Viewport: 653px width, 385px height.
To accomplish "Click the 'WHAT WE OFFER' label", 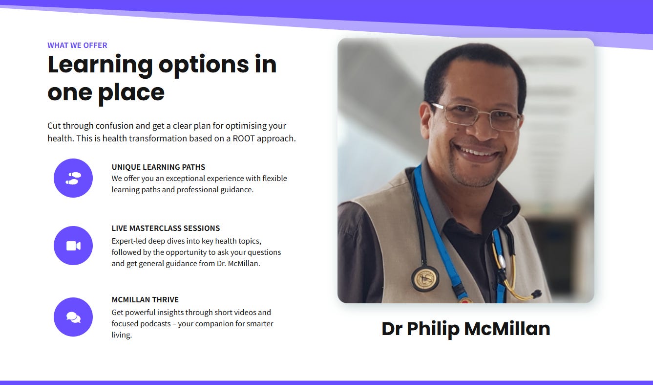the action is [77, 45].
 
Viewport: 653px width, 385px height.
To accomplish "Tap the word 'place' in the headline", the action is [131, 93].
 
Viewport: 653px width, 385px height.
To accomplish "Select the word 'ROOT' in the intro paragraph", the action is [244, 138].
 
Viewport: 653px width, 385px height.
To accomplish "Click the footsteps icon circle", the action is [73, 178].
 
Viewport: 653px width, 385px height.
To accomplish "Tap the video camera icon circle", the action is [73, 246].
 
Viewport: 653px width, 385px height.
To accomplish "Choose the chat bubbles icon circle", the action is [73, 317].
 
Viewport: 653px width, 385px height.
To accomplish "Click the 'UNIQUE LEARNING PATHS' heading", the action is [158, 167].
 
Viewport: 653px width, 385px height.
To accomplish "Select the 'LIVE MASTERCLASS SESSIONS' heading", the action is [166, 228].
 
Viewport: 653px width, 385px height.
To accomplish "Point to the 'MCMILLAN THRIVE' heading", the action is [145, 300].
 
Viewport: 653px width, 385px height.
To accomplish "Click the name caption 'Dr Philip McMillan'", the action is [466, 329].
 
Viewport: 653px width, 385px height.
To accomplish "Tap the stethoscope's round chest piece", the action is [425, 279].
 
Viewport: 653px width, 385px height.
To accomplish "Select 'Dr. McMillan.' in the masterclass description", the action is [238, 264].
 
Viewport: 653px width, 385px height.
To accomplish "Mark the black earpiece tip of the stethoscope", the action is [536, 293].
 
